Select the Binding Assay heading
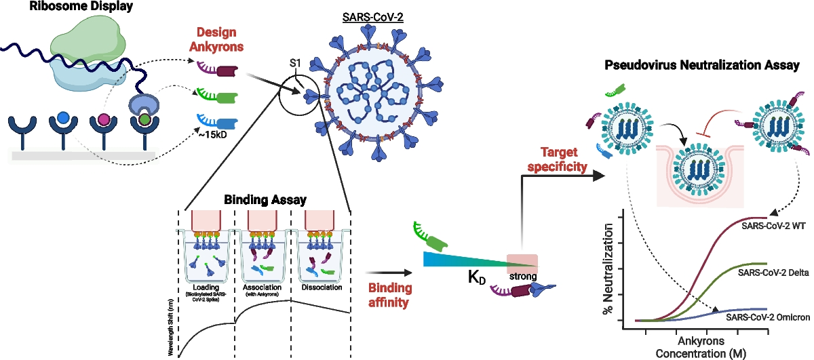(x=264, y=200)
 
